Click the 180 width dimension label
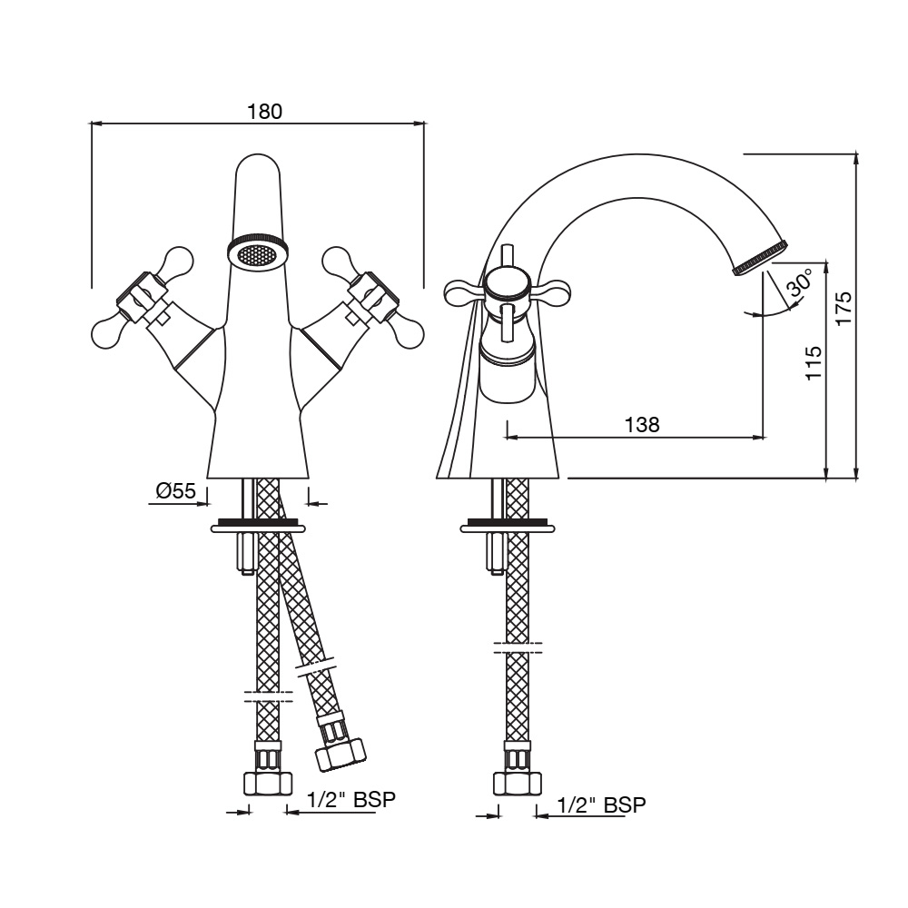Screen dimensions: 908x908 click(x=264, y=111)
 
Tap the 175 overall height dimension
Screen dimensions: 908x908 click(x=843, y=308)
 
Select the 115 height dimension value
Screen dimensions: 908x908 click(x=814, y=362)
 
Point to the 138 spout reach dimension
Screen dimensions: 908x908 click(x=642, y=424)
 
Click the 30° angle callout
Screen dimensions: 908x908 click(x=800, y=282)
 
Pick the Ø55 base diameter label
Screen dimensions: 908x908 click(x=176, y=491)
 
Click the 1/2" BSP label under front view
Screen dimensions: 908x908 click(x=350, y=800)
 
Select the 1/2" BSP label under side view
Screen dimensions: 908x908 click(x=601, y=804)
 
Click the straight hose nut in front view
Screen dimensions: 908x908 click(x=268, y=784)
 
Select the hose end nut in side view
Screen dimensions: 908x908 click(x=518, y=784)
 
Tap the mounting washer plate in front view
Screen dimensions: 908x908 click(x=258, y=527)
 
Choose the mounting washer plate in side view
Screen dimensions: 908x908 click(x=508, y=527)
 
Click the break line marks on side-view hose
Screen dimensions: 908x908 click(x=518, y=647)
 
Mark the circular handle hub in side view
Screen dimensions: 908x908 click(x=507, y=285)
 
